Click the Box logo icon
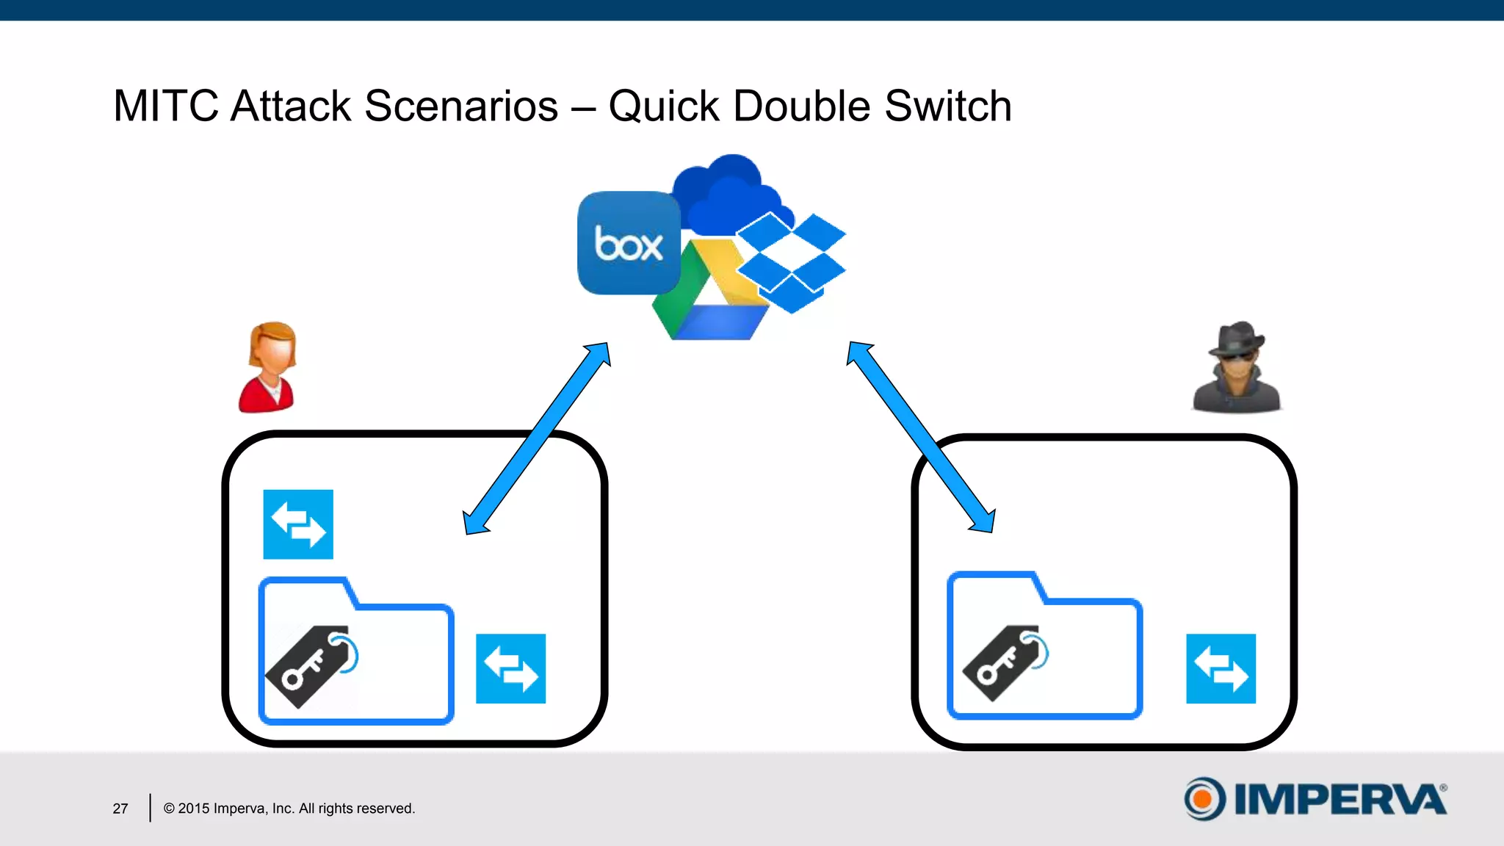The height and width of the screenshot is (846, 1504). [x=629, y=243]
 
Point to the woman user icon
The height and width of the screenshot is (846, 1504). [x=269, y=367]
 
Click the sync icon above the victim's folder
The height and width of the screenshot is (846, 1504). [x=298, y=524]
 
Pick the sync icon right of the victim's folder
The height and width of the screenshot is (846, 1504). [x=510, y=668]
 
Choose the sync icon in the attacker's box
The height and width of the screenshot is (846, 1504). [x=1221, y=668]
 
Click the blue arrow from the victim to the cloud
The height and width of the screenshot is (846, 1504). [x=538, y=438]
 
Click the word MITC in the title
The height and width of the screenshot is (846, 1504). [x=165, y=106]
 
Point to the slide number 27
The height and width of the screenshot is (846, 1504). [x=120, y=809]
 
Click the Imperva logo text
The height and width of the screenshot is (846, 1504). [x=1340, y=799]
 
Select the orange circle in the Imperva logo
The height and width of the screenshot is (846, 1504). [x=1203, y=799]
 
